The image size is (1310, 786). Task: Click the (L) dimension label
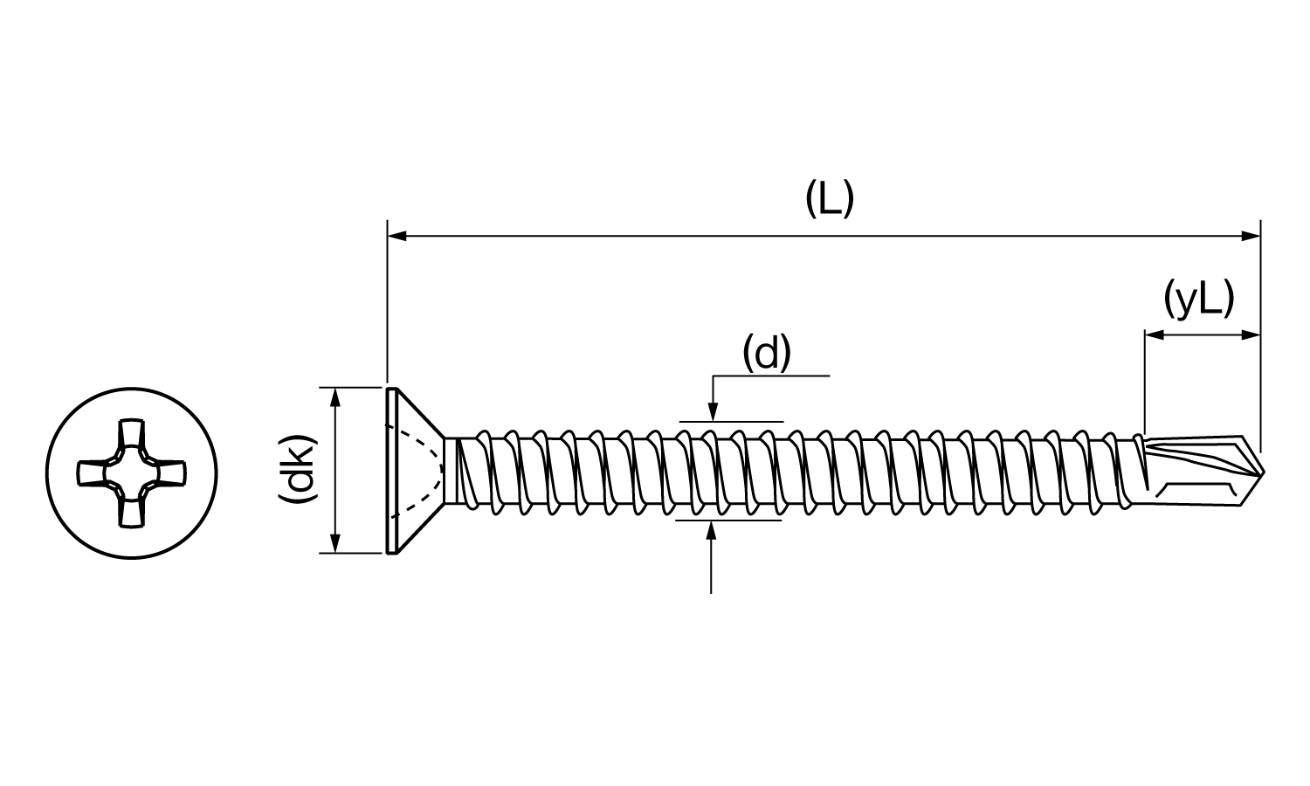830,199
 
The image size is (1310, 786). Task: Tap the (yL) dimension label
1199,300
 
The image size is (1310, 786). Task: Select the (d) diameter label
767,354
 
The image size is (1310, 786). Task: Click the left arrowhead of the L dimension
397,237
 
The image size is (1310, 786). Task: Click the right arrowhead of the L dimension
1251,237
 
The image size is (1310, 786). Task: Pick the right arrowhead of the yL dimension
1251,335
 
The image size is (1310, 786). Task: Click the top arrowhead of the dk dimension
335,396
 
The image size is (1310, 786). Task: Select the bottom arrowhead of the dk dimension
335,543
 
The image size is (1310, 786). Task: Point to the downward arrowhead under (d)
713,411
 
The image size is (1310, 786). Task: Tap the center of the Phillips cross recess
132,472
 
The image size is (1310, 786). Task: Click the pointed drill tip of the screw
1262,472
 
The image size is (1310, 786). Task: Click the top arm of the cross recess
131,434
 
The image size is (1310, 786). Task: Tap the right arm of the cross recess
170,472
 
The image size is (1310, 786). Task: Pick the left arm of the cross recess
93,472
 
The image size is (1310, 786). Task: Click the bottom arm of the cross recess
131,512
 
